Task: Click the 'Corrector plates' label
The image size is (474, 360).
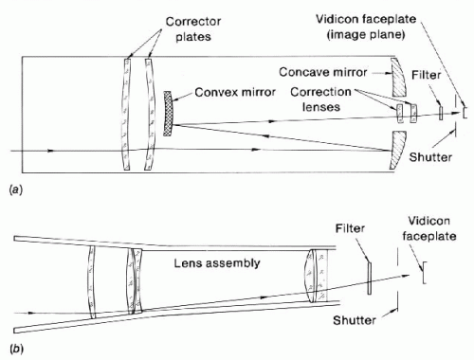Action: [x=193, y=29]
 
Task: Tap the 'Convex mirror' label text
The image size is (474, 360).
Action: [x=235, y=92]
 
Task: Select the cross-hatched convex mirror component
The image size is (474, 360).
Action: [x=168, y=114]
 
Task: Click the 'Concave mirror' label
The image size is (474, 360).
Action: [x=322, y=72]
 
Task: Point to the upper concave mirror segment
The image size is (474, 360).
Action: [x=399, y=78]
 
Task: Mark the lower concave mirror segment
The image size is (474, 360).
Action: [x=398, y=150]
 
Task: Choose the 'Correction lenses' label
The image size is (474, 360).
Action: [x=320, y=99]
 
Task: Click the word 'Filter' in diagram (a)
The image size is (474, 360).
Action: [x=426, y=75]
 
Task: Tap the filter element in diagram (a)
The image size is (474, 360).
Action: [x=441, y=112]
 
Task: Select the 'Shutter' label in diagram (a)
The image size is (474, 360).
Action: [x=430, y=157]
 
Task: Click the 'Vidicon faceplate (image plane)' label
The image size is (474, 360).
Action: [x=366, y=27]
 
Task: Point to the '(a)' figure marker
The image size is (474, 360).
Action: [x=16, y=189]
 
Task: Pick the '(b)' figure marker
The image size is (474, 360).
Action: [x=16, y=349]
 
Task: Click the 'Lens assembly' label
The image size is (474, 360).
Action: [x=217, y=263]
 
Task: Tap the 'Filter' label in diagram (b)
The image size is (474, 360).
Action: [x=350, y=228]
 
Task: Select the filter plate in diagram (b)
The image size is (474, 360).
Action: [x=369, y=279]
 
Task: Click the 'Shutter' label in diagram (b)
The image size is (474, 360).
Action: [x=355, y=320]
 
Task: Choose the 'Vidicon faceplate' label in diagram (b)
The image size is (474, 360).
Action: [x=429, y=228]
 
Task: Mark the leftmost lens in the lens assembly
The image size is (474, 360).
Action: [x=92, y=282]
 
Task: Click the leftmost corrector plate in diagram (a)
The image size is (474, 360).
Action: [x=126, y=115]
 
